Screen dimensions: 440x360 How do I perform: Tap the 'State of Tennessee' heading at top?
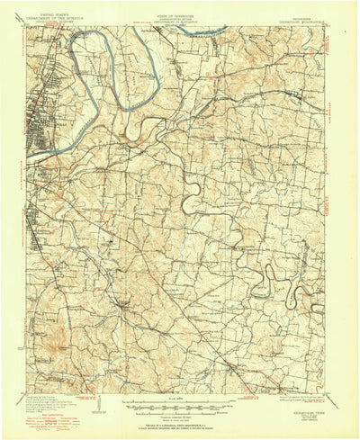pyautogui.click(x=181, y=16)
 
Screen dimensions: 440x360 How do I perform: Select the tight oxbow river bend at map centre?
pyautogui.click(x=189, y=202)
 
